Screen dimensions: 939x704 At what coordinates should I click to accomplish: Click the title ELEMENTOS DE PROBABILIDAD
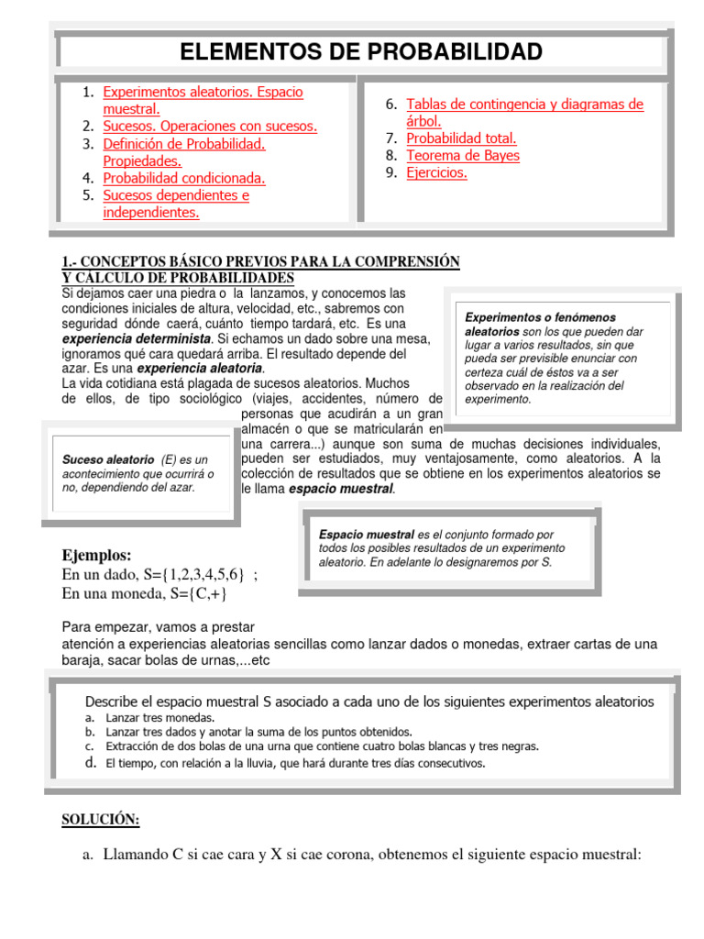[361, 51]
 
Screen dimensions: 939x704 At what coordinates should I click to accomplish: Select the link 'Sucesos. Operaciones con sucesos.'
[210, 127]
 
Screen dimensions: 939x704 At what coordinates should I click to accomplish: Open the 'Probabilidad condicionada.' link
[184, 178]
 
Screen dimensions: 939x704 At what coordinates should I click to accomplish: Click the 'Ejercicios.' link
[436, 172]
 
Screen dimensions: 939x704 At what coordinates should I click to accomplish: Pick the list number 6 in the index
[390, 105]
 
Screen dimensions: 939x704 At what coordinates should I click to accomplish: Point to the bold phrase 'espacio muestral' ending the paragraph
[342, 490]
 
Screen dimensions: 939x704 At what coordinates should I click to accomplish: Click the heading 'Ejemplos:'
[96, 556]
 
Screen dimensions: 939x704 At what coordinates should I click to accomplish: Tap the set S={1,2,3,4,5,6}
[193, 575]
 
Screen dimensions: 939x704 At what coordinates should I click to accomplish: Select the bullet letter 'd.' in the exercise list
[90, 762]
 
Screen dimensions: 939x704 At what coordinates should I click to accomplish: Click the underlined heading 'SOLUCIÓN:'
[101, 819]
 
